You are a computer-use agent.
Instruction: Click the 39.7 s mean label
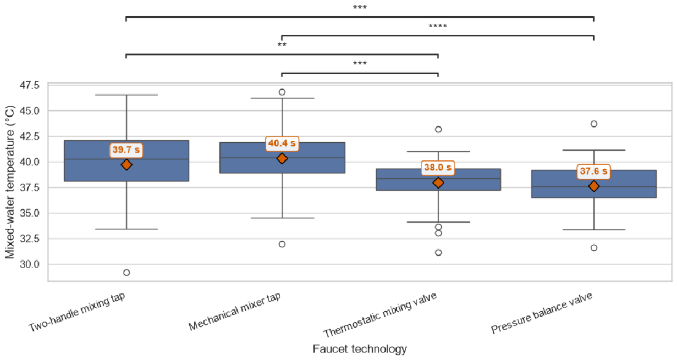126,150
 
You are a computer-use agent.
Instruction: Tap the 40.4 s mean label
282,143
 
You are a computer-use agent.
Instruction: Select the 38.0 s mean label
438,168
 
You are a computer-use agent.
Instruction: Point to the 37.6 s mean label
593,171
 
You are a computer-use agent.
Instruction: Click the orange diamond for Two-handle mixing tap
126,165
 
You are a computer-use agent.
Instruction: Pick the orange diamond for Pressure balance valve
594,186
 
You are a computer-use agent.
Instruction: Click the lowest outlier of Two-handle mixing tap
126,273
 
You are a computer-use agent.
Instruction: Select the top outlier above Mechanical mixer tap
282,92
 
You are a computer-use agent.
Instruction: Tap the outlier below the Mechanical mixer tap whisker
282,245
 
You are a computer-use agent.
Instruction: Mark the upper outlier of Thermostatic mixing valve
438,130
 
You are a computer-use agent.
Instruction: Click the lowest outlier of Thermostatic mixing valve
438,252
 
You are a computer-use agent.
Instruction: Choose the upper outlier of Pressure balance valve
594,124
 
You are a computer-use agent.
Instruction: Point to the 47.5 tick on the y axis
30,86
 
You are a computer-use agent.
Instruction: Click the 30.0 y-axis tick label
30,264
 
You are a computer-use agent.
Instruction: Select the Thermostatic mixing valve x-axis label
380,315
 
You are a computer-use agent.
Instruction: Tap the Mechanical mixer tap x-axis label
235,312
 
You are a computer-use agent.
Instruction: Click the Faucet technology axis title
360,349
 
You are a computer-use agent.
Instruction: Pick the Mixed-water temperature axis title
10,182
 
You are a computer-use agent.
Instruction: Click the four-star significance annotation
438,26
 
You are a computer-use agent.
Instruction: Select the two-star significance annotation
282,45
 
